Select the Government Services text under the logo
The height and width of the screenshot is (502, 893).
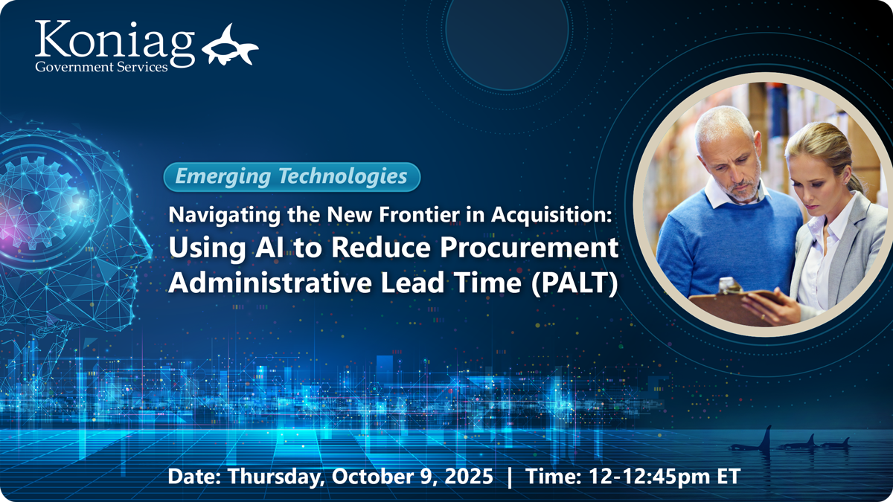pos(101,66)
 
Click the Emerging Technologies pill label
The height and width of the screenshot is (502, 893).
pos(292,177)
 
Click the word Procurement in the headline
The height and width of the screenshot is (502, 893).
pos(529,248)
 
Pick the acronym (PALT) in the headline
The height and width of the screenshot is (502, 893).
pos(574,283)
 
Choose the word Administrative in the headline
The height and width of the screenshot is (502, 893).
pos(270,282)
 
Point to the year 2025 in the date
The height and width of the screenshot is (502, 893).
pos(469,476)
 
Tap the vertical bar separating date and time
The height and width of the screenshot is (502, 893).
pos(510,477)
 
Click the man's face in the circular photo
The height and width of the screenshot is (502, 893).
pos(734,163)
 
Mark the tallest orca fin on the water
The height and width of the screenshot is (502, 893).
pos(766,438)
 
